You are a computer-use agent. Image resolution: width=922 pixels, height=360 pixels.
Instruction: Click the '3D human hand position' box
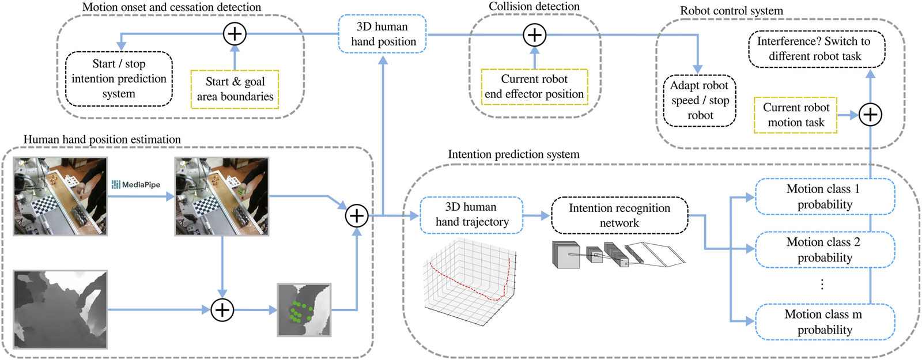click(382, 34)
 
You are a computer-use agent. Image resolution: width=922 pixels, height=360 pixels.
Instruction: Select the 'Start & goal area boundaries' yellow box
click(235, 89)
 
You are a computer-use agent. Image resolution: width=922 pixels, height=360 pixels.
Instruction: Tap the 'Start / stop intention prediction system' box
click(119, 79)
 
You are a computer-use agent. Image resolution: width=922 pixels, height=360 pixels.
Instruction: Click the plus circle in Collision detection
click(535, 35)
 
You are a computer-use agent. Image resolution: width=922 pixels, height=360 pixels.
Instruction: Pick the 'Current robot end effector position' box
click(534, 87)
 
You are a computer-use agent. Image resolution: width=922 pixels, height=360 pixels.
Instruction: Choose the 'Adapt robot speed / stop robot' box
click(700, 101)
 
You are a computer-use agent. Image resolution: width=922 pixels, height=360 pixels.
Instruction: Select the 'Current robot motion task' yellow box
click(796, 115)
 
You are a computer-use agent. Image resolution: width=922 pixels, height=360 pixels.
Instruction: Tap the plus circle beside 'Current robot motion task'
click(870, 115)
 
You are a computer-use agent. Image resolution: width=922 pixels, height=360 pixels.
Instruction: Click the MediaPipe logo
click(136, 185)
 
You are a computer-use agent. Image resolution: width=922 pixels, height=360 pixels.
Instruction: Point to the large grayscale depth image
click(61, 309)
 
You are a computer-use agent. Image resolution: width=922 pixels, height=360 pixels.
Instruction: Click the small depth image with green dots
click(304, 310)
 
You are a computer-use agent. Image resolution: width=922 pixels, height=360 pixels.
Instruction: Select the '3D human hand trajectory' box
click(471, 215)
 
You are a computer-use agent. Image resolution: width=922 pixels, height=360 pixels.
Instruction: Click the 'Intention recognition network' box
click(619, 215)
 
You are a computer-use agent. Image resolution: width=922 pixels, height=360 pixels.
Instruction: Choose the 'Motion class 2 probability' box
click(824, 250)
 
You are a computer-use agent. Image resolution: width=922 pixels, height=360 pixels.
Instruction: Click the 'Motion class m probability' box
click(824, 322)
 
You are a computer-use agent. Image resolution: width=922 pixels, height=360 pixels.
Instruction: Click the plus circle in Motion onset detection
click(235, 34)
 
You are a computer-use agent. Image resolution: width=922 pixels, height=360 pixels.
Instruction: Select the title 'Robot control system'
click(731, 11)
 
